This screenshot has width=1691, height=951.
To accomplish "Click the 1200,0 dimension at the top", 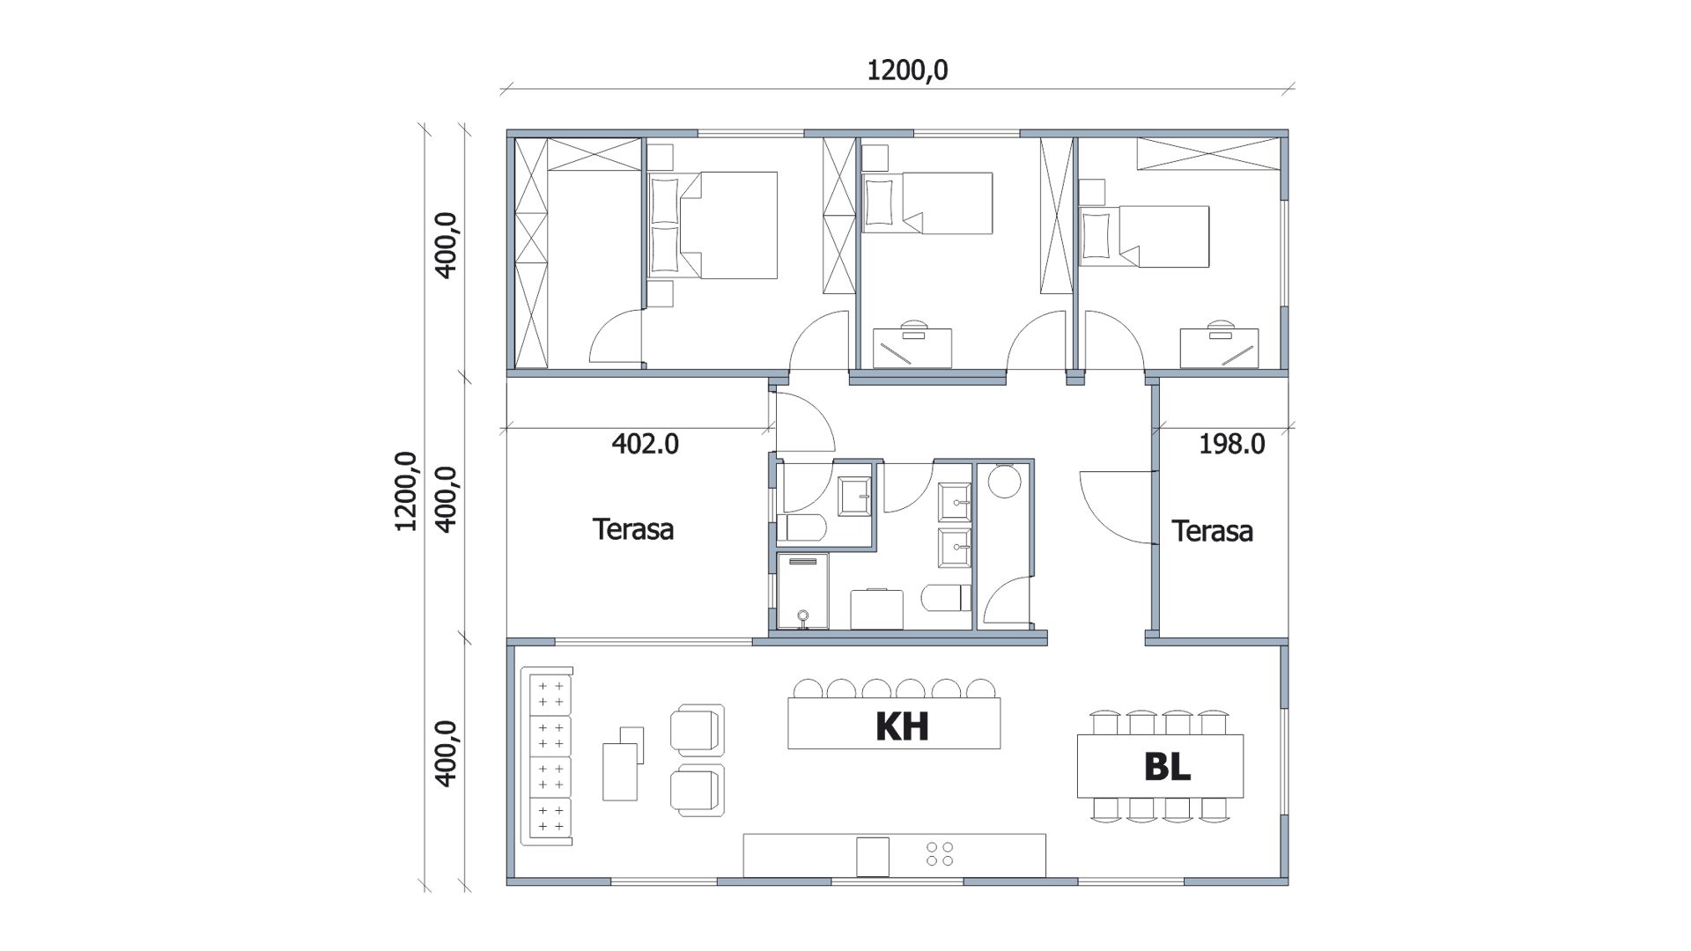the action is [907, 70].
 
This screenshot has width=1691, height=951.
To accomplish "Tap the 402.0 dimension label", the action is [645, 444].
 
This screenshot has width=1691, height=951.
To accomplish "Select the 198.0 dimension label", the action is [1231, 444].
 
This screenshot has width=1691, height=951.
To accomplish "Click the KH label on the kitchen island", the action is [903, 726].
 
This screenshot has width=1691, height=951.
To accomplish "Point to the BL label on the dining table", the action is [1167, 766].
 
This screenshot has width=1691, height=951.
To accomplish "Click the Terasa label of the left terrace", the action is [633, 529].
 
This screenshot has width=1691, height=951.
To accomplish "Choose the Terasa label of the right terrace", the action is [1212, 531].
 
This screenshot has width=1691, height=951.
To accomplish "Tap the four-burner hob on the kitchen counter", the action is [940, 852].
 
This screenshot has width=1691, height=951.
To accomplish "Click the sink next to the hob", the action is [873, 857].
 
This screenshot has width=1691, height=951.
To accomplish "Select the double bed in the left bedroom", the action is [713, 225].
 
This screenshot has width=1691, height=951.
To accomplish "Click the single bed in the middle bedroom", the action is [928, 203].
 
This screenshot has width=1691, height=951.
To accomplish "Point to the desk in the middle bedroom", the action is [912, 348].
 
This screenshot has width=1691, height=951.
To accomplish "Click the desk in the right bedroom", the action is [1220, 348].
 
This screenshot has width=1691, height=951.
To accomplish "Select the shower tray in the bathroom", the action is [802, 591].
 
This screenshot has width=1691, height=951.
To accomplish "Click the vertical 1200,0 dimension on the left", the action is [406, 490].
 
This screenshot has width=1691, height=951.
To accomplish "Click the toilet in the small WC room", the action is [801, 528].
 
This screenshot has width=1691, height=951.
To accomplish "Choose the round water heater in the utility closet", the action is [1004, 482].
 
